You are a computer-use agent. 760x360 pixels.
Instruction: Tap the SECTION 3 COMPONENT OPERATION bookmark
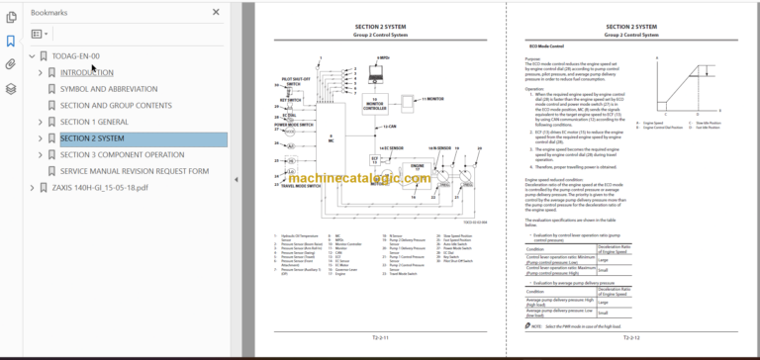click(x=122, y=154)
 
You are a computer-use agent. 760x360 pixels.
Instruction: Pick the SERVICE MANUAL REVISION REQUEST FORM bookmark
click(x=135, y=170)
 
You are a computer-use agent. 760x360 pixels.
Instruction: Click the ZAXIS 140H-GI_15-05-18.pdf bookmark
click(x=100, y=187)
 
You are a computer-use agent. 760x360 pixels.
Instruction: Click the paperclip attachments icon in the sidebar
click(x=11, y=64)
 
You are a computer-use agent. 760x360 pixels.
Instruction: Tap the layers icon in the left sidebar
click(x=11, y=88)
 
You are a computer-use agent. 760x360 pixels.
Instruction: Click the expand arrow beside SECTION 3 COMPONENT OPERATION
click(x=41, y=154)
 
